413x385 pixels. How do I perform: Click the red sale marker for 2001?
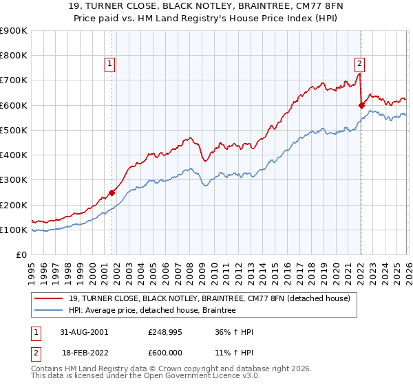coord(112,192)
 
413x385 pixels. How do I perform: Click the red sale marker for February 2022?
coord(361,105)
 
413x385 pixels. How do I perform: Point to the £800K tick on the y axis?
coord(14,56)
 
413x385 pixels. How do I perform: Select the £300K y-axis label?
coord(14,180)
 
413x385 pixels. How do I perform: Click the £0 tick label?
coord(21,255)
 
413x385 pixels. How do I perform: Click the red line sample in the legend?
coord(50,298)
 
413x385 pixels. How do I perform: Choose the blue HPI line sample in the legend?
coord(50,311)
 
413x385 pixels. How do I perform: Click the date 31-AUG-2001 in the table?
coord(84,333)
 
